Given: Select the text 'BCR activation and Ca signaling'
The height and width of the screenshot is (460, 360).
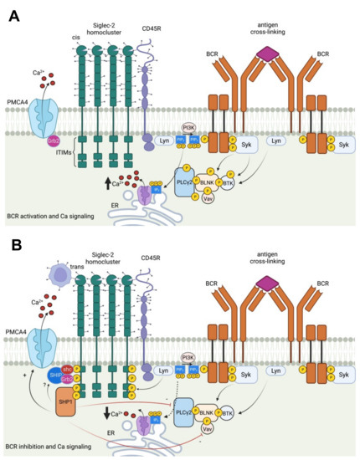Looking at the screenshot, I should point(52,216).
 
